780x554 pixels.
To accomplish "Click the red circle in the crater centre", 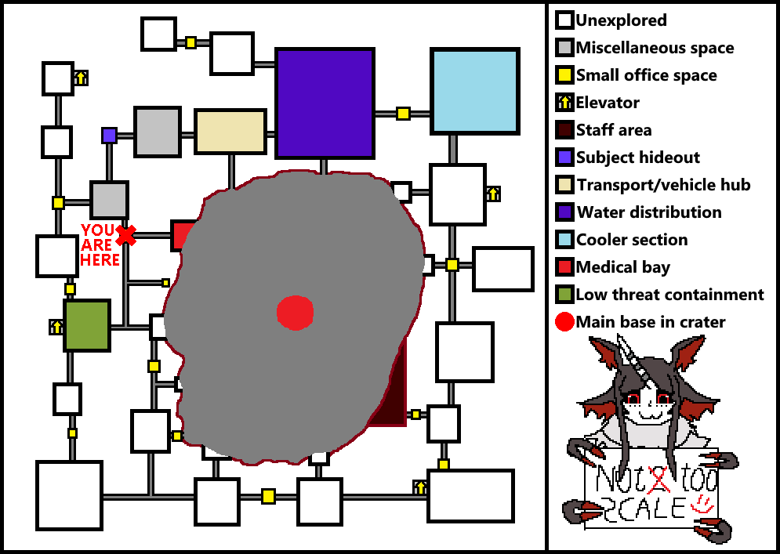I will click(295, 312).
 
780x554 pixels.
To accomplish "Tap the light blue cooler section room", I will click(475, 90).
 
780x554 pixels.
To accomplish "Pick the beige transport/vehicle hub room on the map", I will click(230, 132).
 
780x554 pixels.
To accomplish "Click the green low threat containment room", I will click(86, 325).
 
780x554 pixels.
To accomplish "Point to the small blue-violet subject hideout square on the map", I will click(109, 136).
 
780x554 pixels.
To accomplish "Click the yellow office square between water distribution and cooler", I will click(403, 114).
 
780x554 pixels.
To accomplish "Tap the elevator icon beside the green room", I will click(56, 326).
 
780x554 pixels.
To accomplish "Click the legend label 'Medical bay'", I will click(622, 267).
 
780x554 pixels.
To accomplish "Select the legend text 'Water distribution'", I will click(649, 212).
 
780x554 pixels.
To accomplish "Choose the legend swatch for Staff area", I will click(564, 130).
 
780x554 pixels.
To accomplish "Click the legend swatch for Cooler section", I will click(564, 240).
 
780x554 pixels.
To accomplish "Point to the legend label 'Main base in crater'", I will click(651, 322).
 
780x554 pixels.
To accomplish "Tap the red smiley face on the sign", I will click(703, 501).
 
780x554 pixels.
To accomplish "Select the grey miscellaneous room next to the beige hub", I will click(158, 132).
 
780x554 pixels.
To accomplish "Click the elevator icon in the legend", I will click(564, 103).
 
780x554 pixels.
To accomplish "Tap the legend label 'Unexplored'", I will click(621, 20).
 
